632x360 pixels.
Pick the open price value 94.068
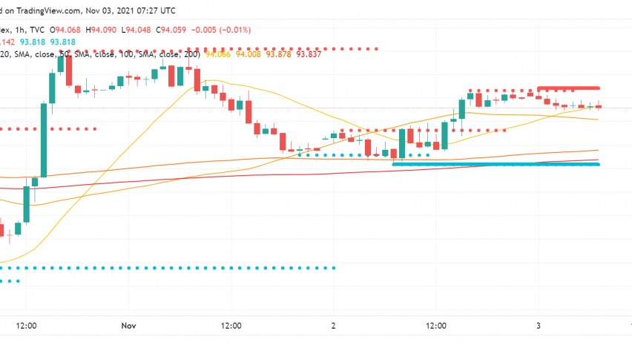tap(88, 30)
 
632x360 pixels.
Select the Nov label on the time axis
tap(129, 325)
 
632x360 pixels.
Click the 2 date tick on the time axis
tap(335, 325)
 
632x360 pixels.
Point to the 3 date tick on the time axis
tap(539, 325)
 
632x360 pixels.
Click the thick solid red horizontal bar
tap(568, 88)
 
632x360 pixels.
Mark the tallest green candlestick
tap(44, 140)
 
